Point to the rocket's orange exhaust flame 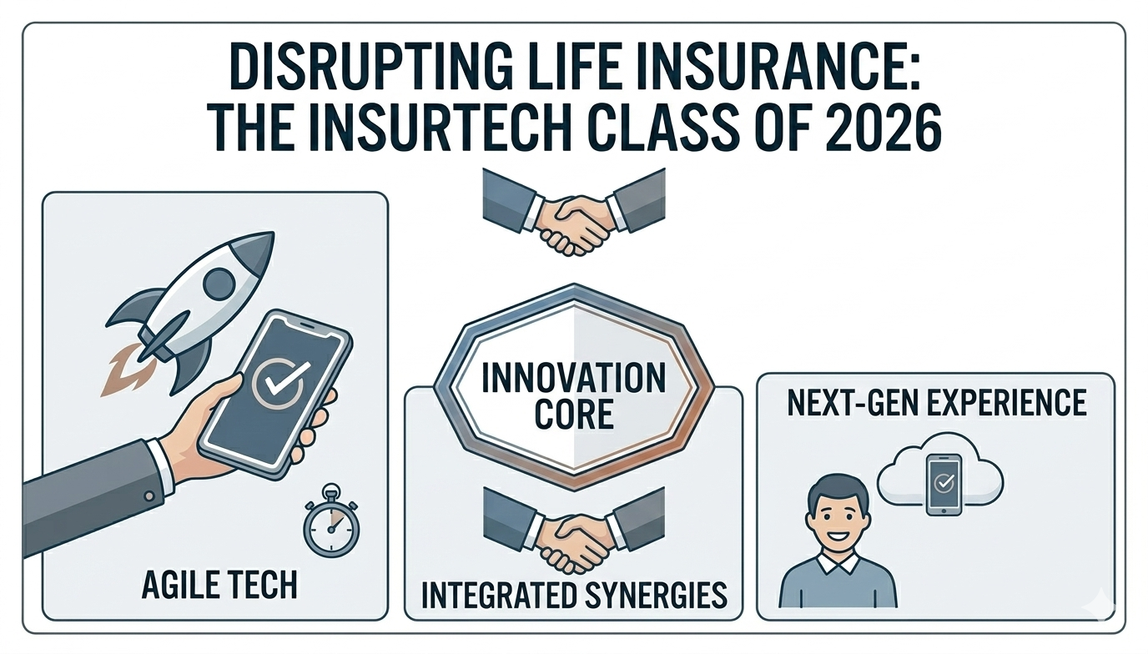click(119, 375)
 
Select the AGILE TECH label click(219, 586)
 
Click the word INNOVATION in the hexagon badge click(574, 378)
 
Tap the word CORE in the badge click(574, 415)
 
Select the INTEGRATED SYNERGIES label click(573, 595)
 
